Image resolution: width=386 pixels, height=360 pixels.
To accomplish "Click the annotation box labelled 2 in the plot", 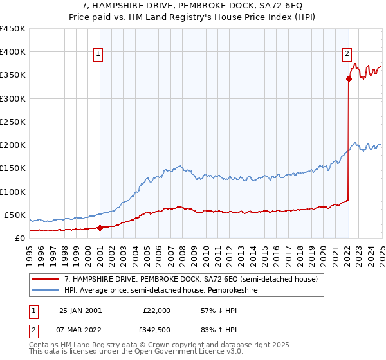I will (347, 55).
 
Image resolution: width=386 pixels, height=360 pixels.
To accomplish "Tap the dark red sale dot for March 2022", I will (349, 79).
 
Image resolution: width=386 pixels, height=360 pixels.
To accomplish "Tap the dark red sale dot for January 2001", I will (100, 228).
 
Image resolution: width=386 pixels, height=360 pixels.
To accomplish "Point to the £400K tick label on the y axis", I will (13, 52).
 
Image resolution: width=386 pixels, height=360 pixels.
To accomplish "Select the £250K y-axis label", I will (13, 122).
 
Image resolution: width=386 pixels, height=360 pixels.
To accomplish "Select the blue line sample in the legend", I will (46, 291).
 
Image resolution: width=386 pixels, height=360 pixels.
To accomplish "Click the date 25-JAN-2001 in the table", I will (80, 310).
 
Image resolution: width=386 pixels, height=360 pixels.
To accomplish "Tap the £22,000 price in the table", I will (156, 310).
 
